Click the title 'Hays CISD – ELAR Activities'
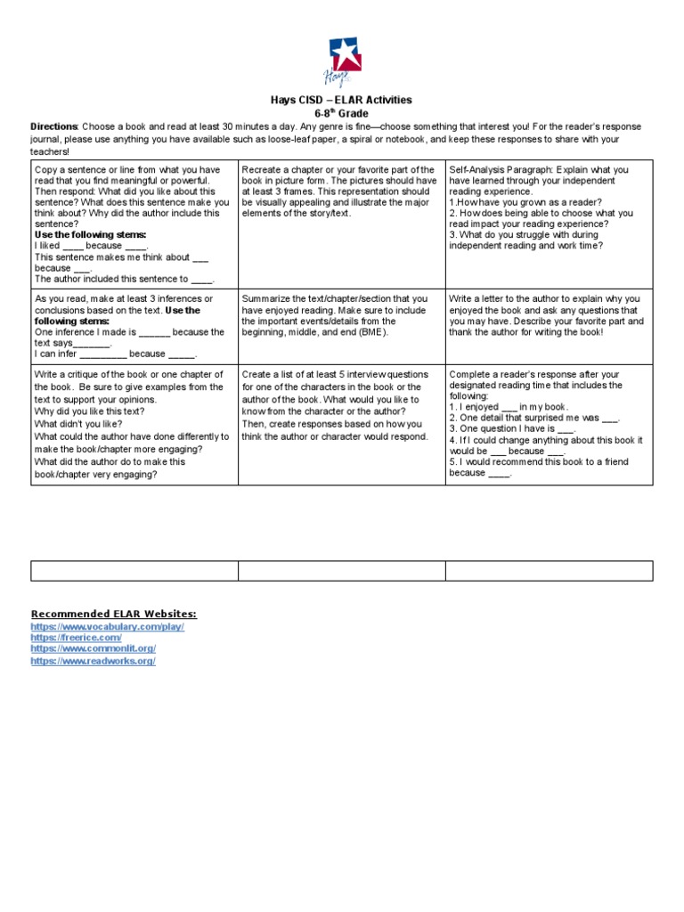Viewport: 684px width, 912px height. click(x=342, y=100)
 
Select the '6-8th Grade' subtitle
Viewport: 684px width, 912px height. click(x=342, y=113)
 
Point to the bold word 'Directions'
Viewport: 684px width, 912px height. click(x=54, y=126)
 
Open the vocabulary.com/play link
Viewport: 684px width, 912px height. click(x=107, y=627)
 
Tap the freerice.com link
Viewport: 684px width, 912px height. click(x=76, y=639)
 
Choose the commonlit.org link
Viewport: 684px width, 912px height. click(x=93, y=649)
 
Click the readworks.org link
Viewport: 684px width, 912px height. click(x=93, y=662)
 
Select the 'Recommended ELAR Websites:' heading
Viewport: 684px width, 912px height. click(x=113, y=615)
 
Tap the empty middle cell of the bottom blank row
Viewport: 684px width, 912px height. click(x=341, y=571)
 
